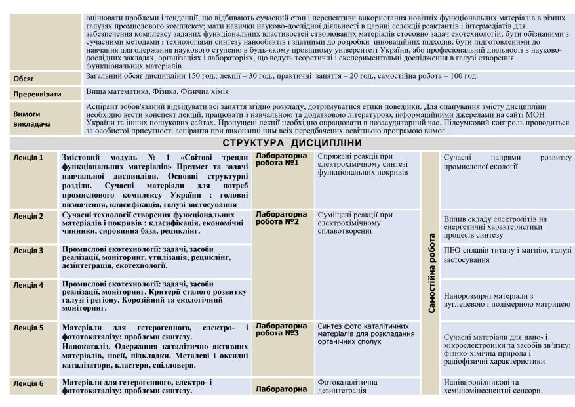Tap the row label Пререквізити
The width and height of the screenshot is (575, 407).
[x=37, y=94]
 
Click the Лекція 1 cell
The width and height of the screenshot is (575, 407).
[x=28, y=158]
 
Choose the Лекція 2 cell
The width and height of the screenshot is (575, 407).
[x=28, y=216]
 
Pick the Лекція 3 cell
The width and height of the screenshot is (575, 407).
[x=28, y=250]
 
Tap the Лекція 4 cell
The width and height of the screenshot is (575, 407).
[x=28, y=285]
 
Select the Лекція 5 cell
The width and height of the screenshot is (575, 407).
[x=28, y=327]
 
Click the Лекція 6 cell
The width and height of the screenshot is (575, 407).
[x=28, y=383]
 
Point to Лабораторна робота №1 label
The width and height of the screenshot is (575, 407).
[x=280, y=160]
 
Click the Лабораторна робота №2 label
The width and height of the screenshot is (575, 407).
[x=281, y=218]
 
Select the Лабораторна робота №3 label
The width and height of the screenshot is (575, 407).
[x=281, y=329]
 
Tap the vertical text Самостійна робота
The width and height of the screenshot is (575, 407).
[x=431, y=272]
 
